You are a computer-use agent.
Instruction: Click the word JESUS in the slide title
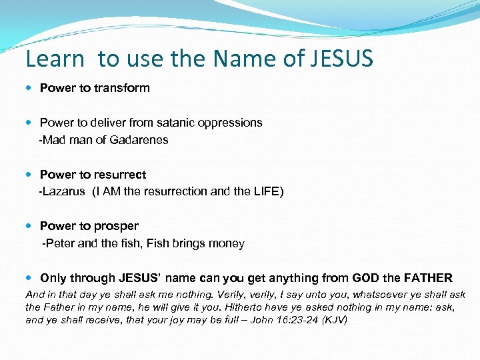pyautogui.click(x=341, y=59)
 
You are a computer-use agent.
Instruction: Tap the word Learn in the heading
pyautogui.click(x=55, y=59)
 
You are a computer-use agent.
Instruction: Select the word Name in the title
pyautogui.click(x=246, y=59)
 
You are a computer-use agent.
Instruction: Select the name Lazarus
pyautogui.click(x=64, y=192)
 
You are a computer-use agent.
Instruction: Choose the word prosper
pyautogui.click(x=116, y=227)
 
